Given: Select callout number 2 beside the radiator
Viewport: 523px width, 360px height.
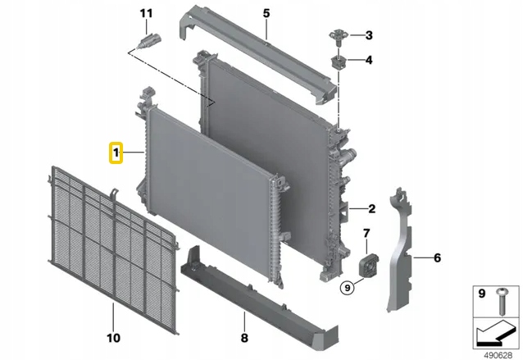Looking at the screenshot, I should tap(371, 208).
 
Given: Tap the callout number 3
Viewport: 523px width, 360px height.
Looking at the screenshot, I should tap(369, 35).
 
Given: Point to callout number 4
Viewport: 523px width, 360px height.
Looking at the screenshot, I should tap(369, 61).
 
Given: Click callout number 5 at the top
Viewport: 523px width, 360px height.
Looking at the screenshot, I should tap(266, 14).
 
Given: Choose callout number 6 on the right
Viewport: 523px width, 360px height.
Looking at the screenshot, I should tap(437, 259).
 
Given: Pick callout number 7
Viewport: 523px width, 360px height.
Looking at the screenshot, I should tap(366, 235).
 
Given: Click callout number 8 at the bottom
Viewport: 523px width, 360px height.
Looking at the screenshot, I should tap(243, 337).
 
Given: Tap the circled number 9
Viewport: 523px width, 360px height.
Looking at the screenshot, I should tap(348, 287).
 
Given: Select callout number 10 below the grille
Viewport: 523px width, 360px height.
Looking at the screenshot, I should tap(113, 337).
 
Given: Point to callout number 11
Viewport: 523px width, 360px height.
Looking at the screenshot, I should tap(146, 14).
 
